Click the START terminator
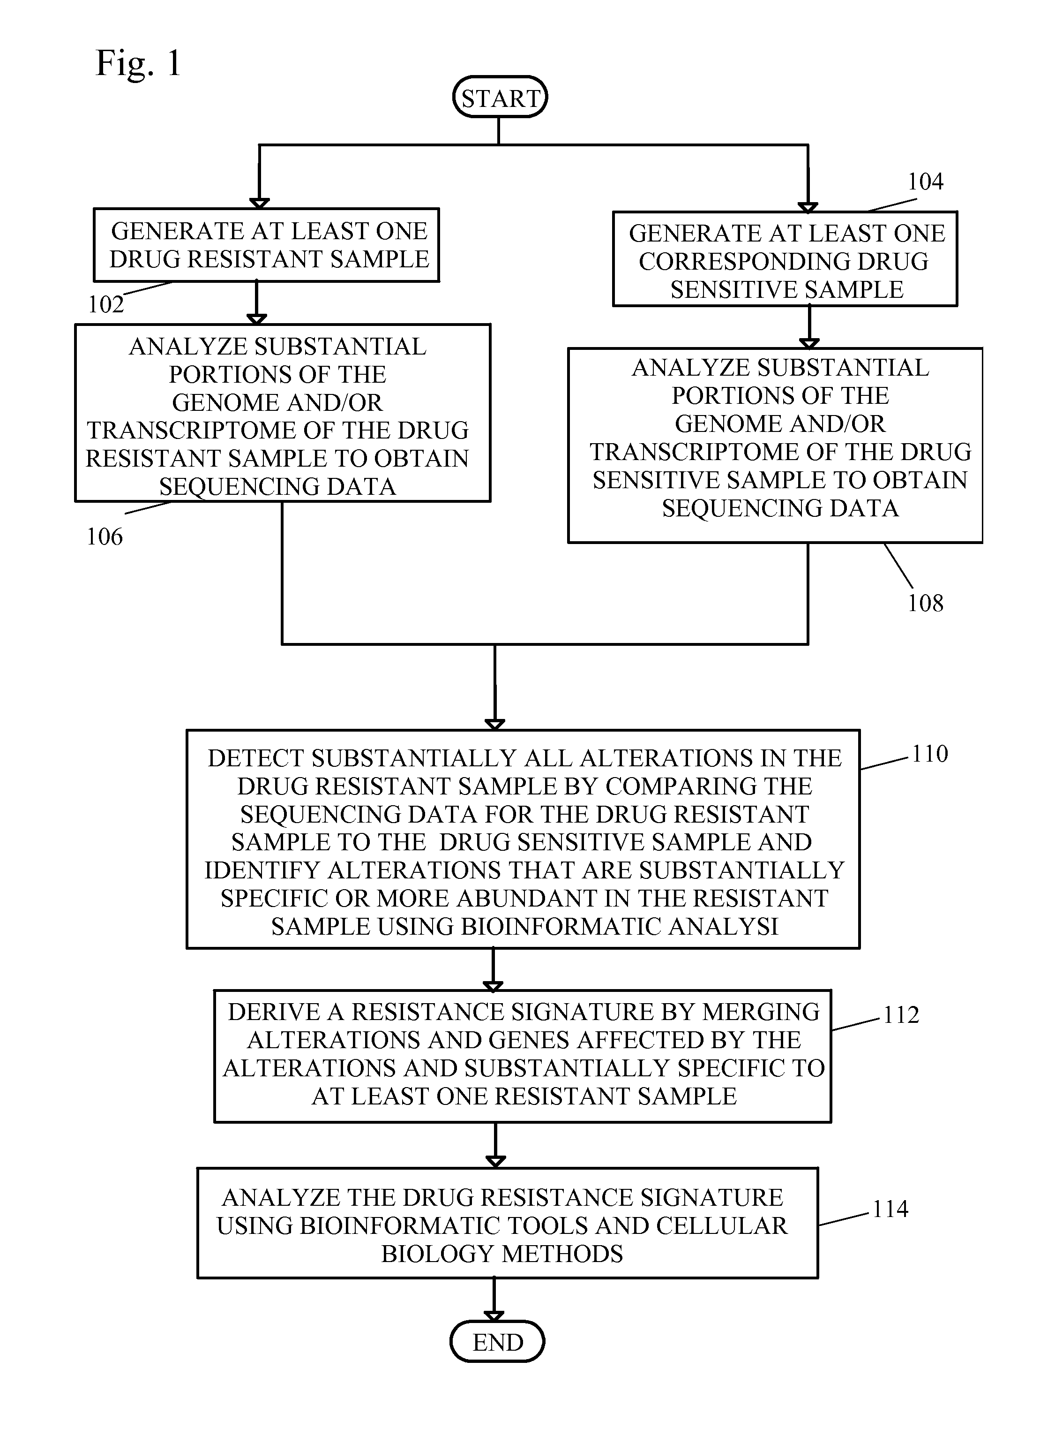click(x=500, y=97)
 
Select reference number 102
click(x=106, y=305)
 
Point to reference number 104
click(x=925, y=182)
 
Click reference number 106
click(x=105, y=537)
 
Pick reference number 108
click(x=925, y=603)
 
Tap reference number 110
click(x=930, y=754)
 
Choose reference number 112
click(x=901, y=1015)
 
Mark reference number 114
click(x=890, y=1209)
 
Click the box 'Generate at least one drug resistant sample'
click(x=266, y=245)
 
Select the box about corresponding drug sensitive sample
click(x=785, y=259)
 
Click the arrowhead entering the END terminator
click(x=494, y=1316)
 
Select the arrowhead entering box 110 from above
click(x=495, y=725)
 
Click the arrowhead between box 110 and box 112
click(x=493, y=986)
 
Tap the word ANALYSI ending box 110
click(x=723, y=927)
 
